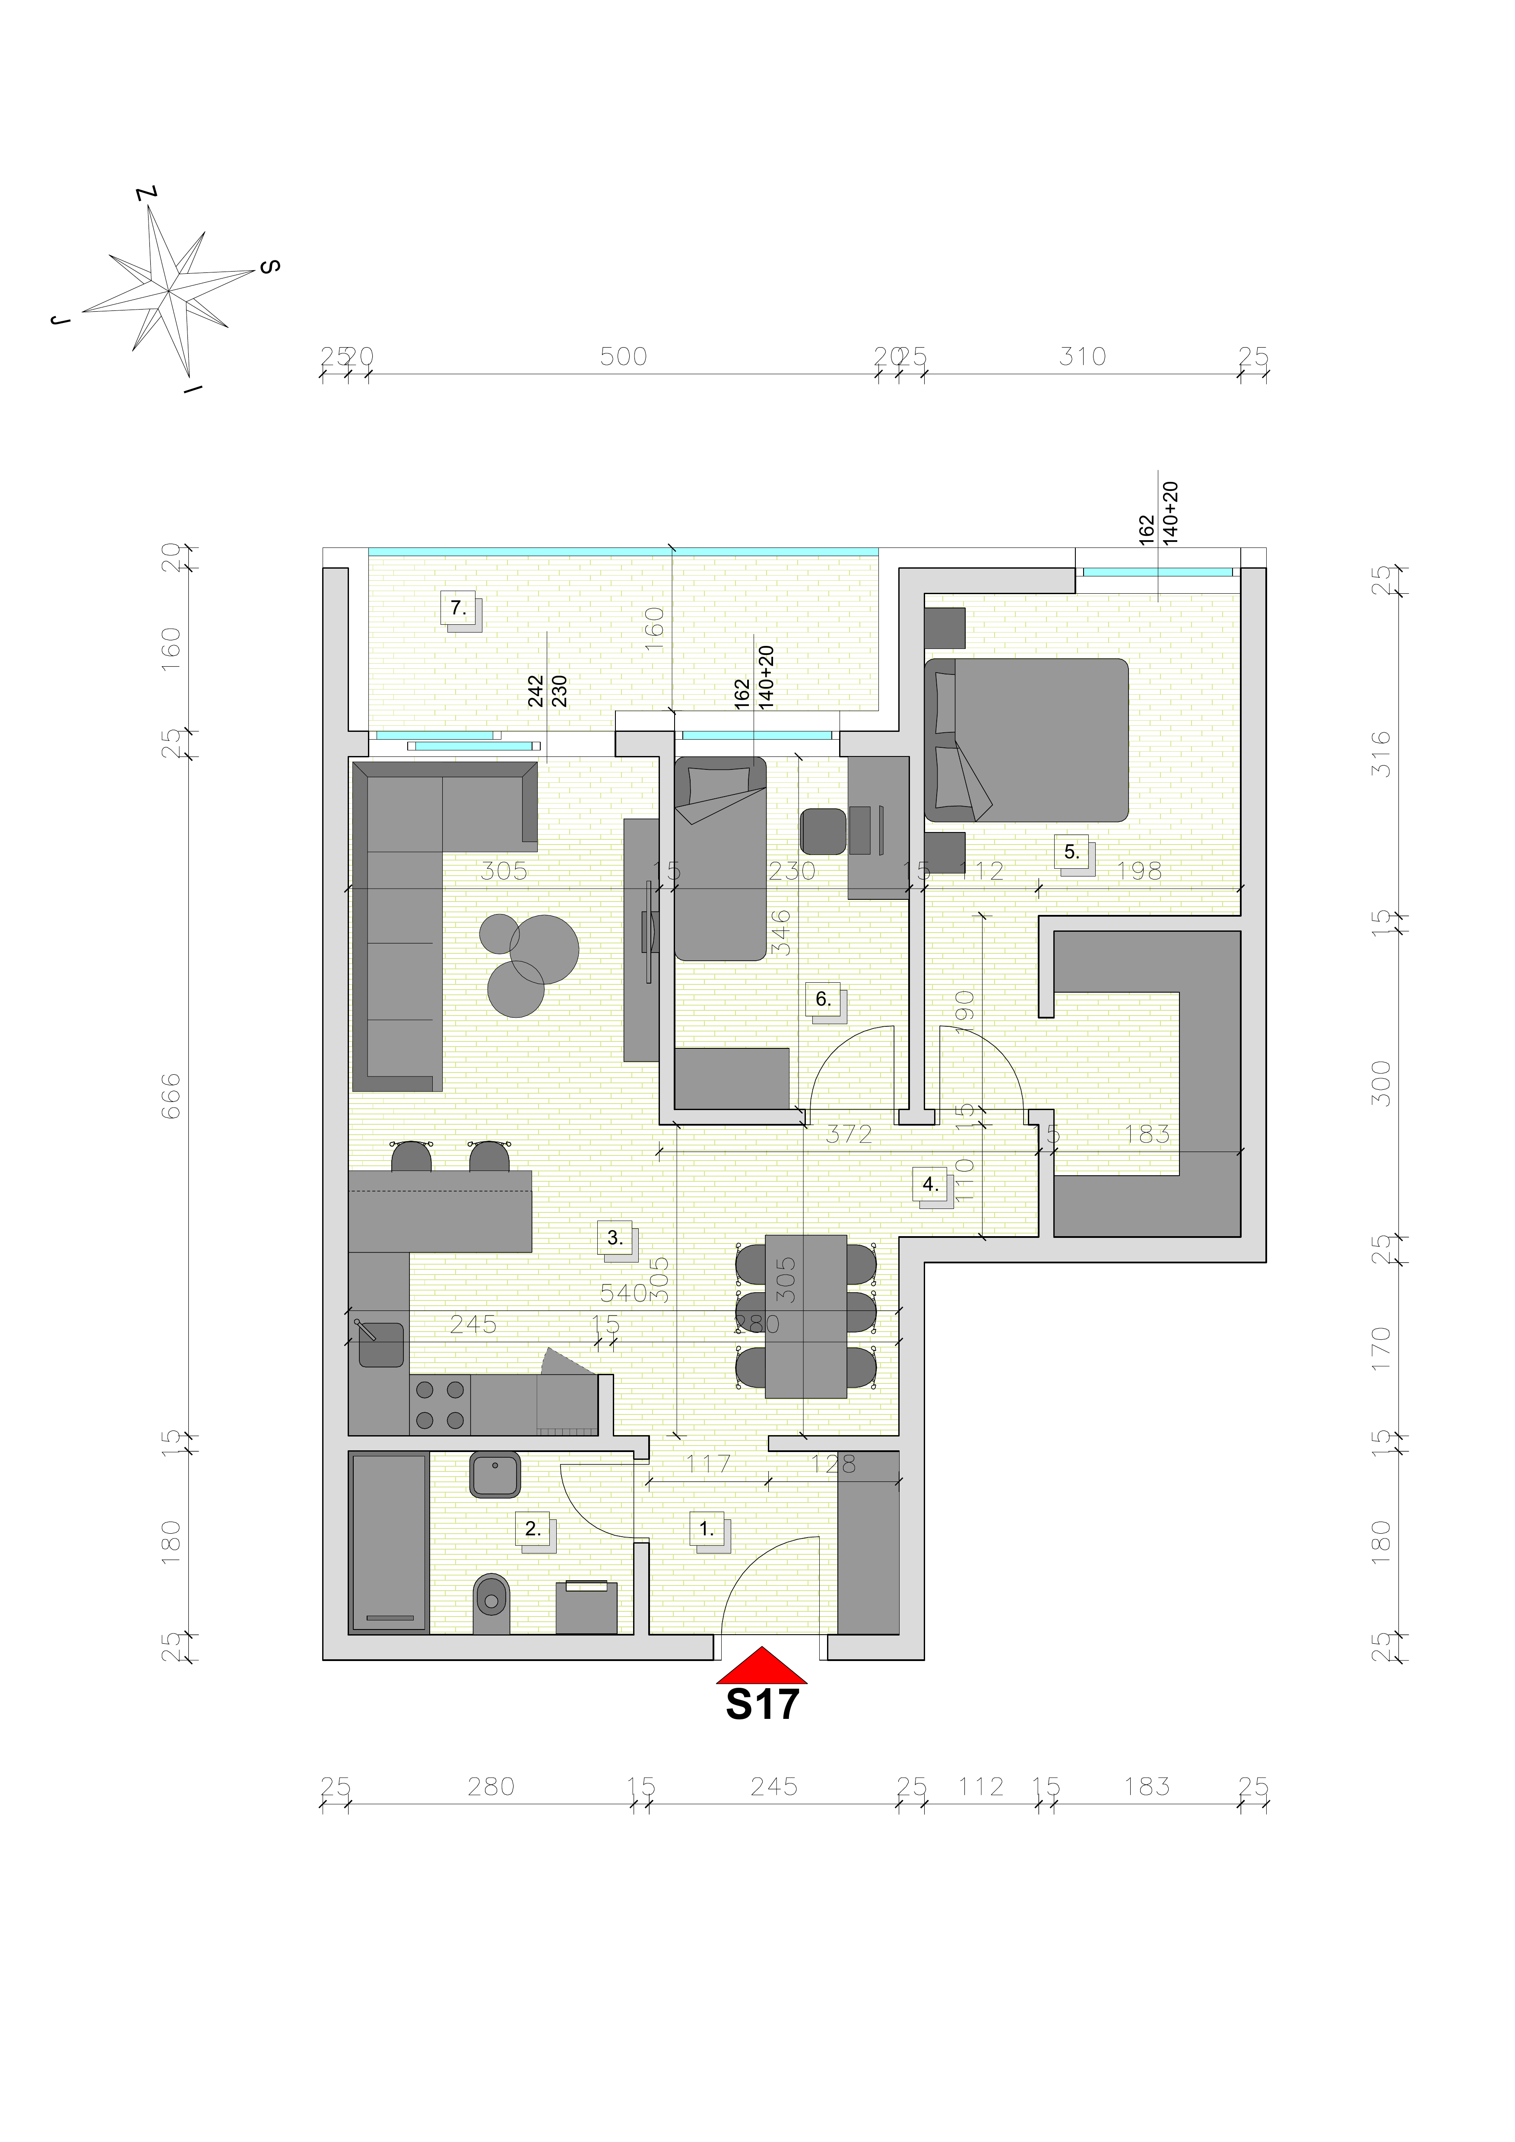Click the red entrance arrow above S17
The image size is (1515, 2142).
pos(761,1666)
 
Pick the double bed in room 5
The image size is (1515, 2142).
pos(1026,740)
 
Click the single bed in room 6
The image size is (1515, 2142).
pos(720,858)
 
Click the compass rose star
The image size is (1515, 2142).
pos(168,291)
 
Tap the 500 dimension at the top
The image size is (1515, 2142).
pos(623,356)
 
